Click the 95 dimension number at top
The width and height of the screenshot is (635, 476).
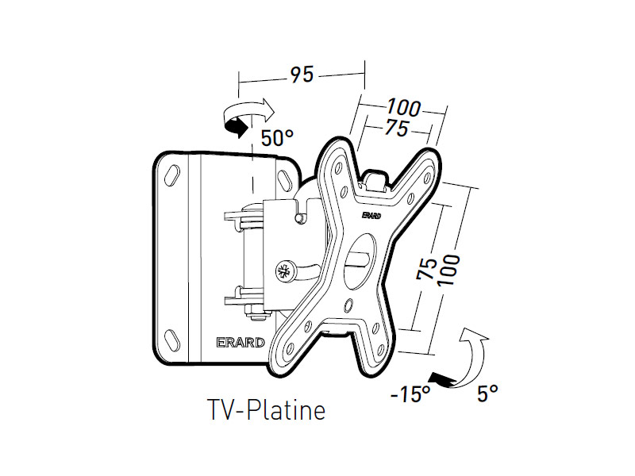click(302, 75)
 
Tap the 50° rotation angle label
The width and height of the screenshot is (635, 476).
click(277, 138)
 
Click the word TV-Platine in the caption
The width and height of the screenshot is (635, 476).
click(266, 411)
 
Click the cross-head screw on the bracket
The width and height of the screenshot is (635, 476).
click(283, 271)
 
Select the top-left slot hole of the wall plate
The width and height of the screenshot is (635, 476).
click(171, 171)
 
